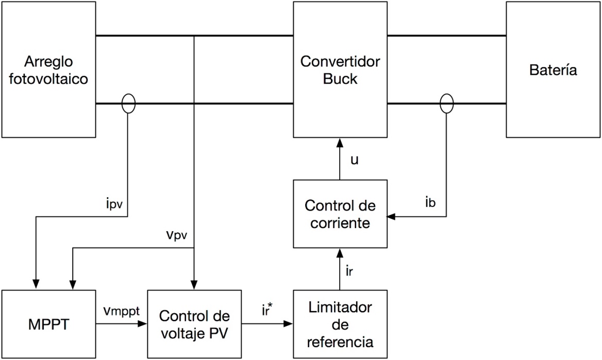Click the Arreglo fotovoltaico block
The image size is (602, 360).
click(48, 70)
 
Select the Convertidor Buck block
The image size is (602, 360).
click(340, 70)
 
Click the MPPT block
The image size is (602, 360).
click(48, 324)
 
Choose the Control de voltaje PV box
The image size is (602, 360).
click(194, 324)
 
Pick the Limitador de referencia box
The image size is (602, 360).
click(340, 324)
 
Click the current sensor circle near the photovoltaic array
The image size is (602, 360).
click(128, 103)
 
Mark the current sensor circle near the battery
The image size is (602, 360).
click(446, 103)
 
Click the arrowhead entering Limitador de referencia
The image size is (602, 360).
click(289, 324)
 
